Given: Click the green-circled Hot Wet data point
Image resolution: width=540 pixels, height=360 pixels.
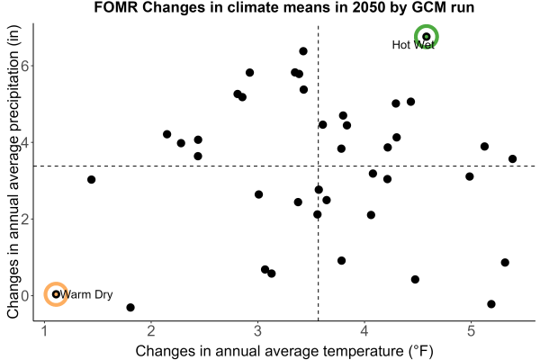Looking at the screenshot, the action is (x=427, y=37).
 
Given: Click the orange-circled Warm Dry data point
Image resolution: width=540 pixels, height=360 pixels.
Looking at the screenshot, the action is (x=56, y=294).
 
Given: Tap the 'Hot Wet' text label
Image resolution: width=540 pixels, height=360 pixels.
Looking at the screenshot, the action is (x=413, y=45).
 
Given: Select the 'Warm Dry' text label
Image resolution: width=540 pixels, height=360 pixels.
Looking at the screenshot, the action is (x=86, y=294).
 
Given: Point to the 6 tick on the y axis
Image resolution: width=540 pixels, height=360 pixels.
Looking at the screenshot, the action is (x=25, y=66).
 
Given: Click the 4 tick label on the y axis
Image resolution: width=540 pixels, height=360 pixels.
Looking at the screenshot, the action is (x=25, y=142).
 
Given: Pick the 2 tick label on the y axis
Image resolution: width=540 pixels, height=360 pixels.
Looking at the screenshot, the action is (x=25, y=219).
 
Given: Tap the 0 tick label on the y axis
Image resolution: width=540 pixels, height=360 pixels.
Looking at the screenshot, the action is (x=25, y=295).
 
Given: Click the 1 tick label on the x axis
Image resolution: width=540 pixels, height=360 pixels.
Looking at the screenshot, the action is (x=44, y=331).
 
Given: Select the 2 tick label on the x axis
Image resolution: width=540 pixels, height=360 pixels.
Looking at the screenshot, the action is (x=151, y=331).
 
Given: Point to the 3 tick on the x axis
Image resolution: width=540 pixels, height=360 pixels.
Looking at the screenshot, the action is (x=257, y=331).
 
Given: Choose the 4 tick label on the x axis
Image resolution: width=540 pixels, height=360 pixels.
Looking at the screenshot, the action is (x=364, y=331).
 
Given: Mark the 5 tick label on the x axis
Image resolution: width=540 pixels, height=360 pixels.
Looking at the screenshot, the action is (x=471, y=331).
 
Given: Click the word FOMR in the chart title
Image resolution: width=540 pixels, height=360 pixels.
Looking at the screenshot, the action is (x=116, y=7).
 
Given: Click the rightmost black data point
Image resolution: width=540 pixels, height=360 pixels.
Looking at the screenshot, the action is (x=512, y=158).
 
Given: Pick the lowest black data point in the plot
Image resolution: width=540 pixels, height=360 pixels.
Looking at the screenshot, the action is (x=130, y=307).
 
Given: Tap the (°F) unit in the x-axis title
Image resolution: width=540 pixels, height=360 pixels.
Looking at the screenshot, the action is (x=420, y=351).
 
